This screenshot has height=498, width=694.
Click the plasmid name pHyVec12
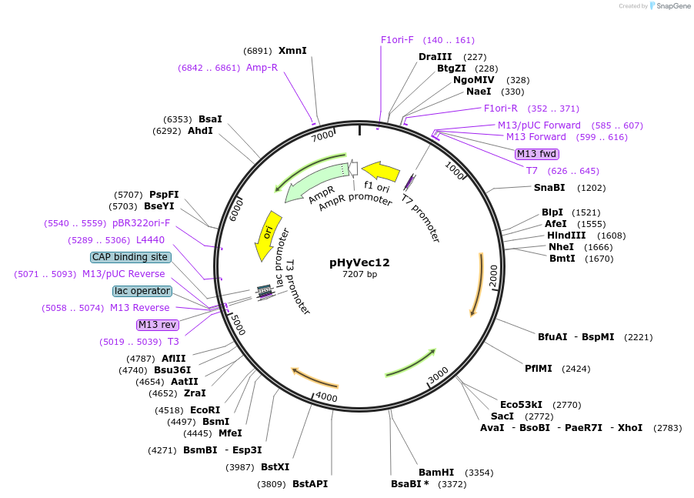(359, 262)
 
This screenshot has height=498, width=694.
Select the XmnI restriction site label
(292, 51)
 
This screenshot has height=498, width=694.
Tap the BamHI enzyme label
(436, 472)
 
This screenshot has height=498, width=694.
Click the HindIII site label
(566, 236)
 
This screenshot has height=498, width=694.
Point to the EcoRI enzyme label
(205, 410)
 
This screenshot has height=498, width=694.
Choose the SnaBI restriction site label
(549, 187)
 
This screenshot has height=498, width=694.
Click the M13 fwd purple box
(536, 154)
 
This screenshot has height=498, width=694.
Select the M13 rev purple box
(157, 325)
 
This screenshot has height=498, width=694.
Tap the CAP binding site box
(130, 257)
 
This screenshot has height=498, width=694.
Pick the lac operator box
(142, 291)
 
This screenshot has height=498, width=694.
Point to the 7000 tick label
(322, 135)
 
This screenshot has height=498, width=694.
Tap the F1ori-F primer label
(397, 40)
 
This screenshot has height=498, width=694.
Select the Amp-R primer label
(262, 68)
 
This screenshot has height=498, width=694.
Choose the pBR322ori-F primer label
(142, 223)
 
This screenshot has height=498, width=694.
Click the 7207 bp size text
(359, 275)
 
